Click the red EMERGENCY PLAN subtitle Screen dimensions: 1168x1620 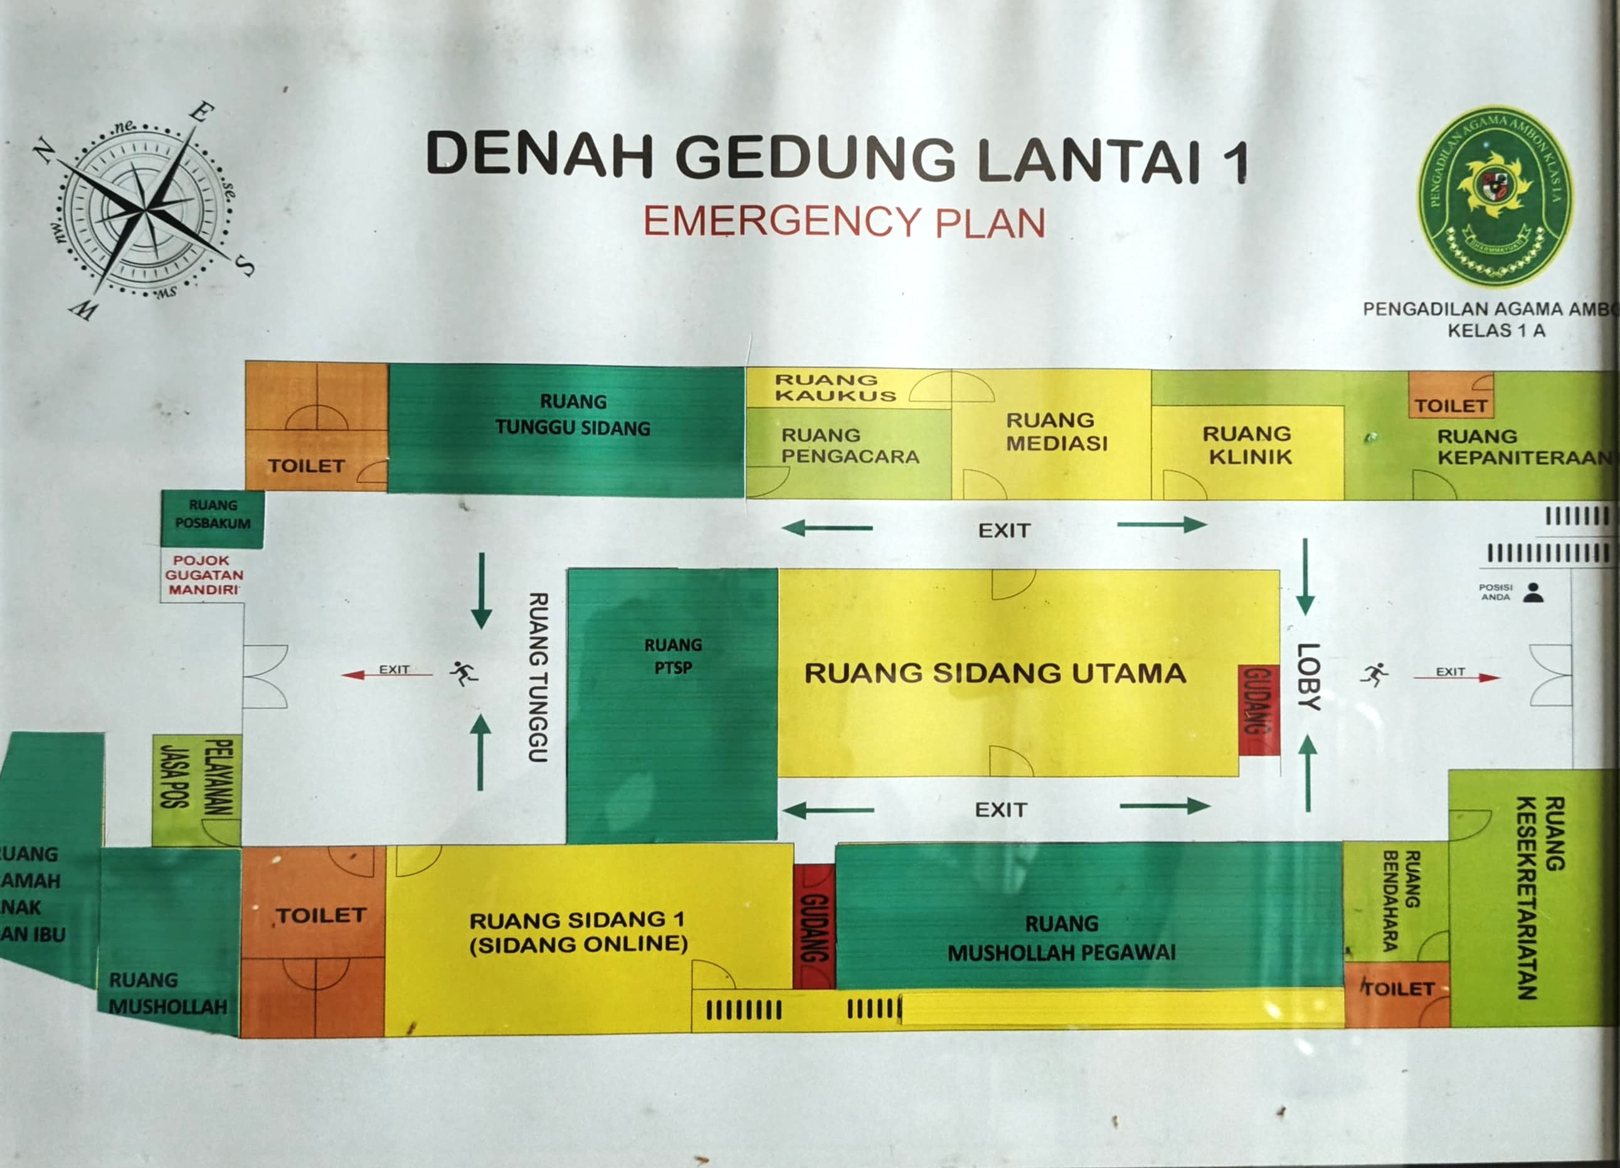point(844,222)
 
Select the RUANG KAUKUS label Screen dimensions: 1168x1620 point(835,387)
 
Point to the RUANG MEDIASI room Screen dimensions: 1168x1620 point(1056,433)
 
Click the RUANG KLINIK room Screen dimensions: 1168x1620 point(1247,446)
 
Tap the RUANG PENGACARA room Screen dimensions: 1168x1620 point(849,446)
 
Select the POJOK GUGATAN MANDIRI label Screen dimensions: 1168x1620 point(204,575)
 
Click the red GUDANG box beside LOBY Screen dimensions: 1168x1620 point(1259,709)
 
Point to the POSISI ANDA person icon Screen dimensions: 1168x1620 point(1533,592)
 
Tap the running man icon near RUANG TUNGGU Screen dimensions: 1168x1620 point(463,673)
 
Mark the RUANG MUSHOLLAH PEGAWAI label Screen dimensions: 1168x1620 point(1061,937)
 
